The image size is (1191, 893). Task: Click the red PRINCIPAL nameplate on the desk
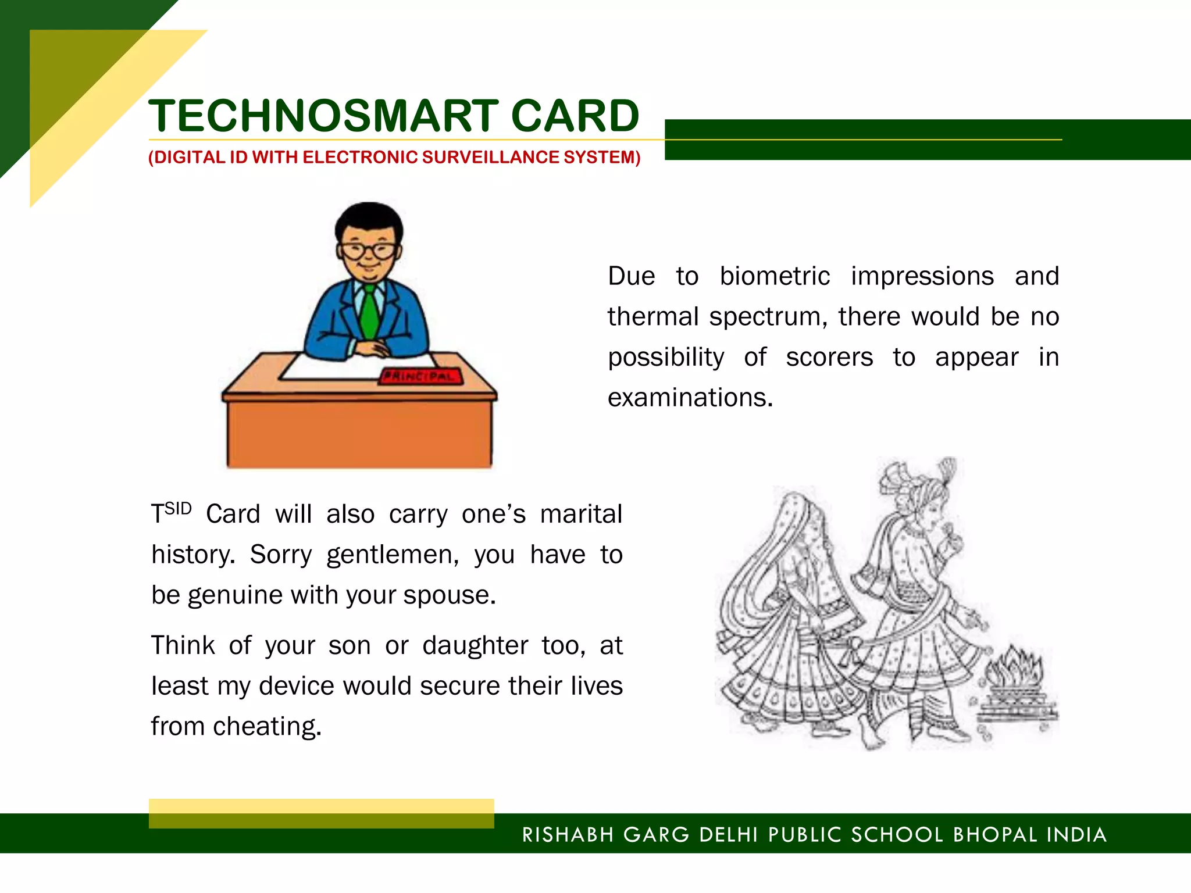tap(421, 376)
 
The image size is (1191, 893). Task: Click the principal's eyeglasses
tap(368, 251)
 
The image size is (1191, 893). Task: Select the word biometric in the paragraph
tap(775, 276)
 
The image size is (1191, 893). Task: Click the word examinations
tap(690, 398)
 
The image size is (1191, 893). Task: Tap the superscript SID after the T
tap(178, 509)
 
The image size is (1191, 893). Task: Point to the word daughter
tap(475, 646)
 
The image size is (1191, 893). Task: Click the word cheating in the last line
tap(267, 727)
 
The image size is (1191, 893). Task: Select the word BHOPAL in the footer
tap(994, 835)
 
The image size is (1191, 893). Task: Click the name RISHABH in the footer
tap(568, 835)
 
